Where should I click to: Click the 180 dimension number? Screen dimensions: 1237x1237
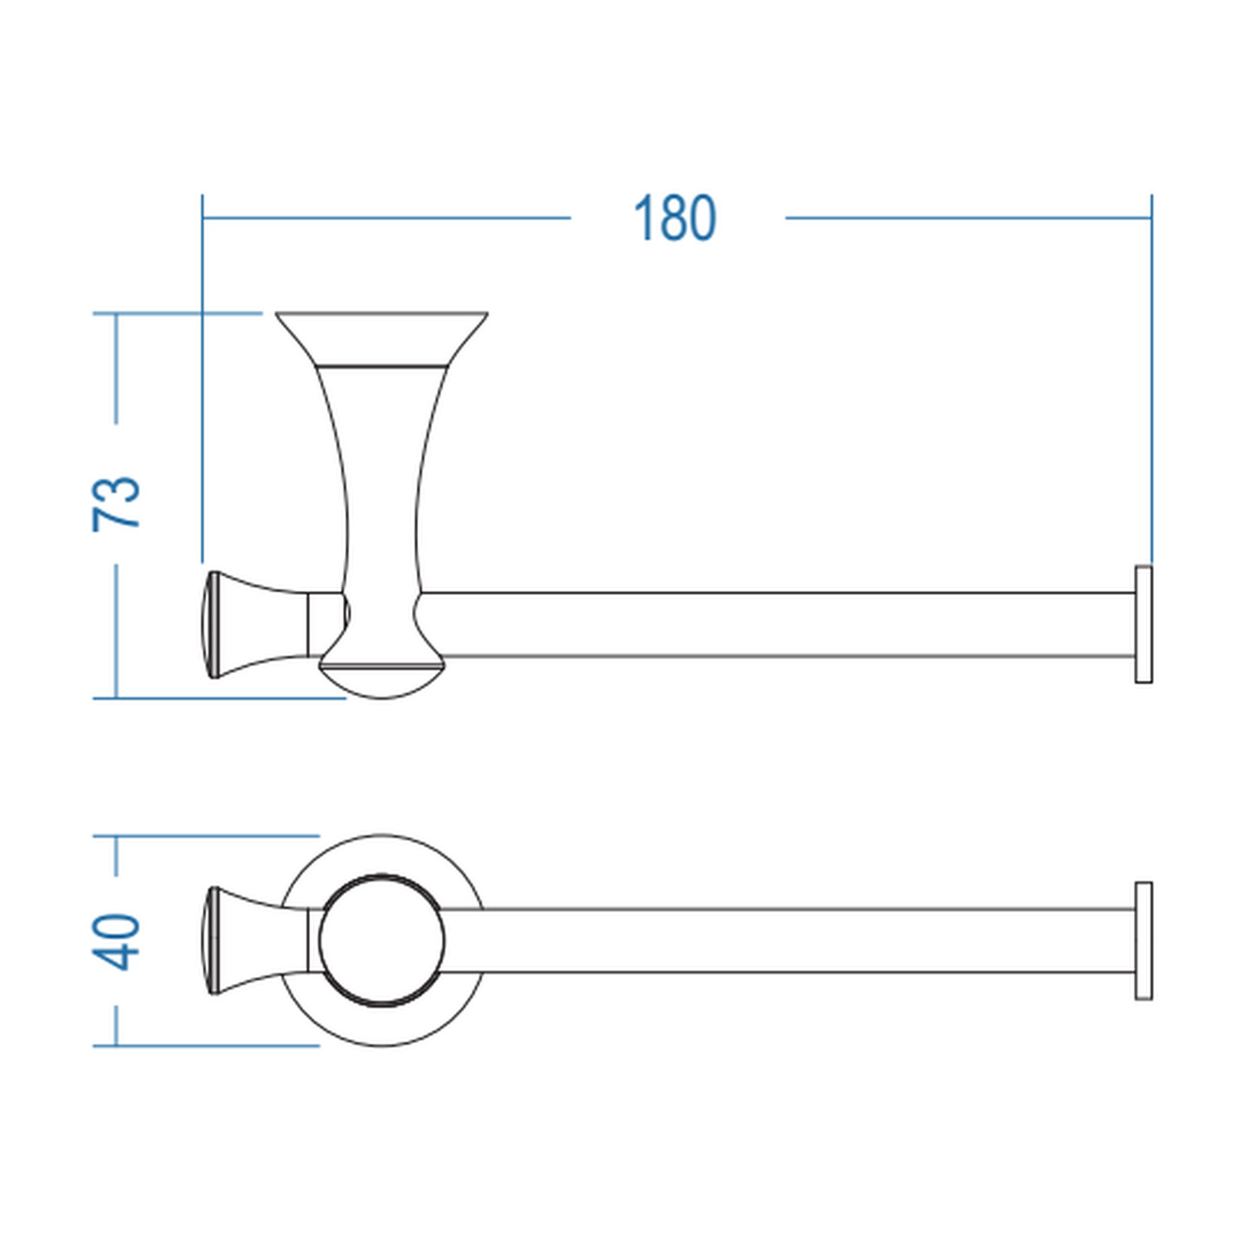pyautogui.click(x=675, y=218)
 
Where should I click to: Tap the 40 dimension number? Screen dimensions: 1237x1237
pyautogui.click(x=116, y=943)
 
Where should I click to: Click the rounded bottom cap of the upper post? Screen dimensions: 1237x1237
pyautogui.click(x=382, y=681)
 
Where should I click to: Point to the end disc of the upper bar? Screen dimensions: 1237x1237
pyautogui.click(x=1144, y=624)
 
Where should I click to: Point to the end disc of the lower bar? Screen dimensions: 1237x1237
pyautogui.click(x=1144, y=941)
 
